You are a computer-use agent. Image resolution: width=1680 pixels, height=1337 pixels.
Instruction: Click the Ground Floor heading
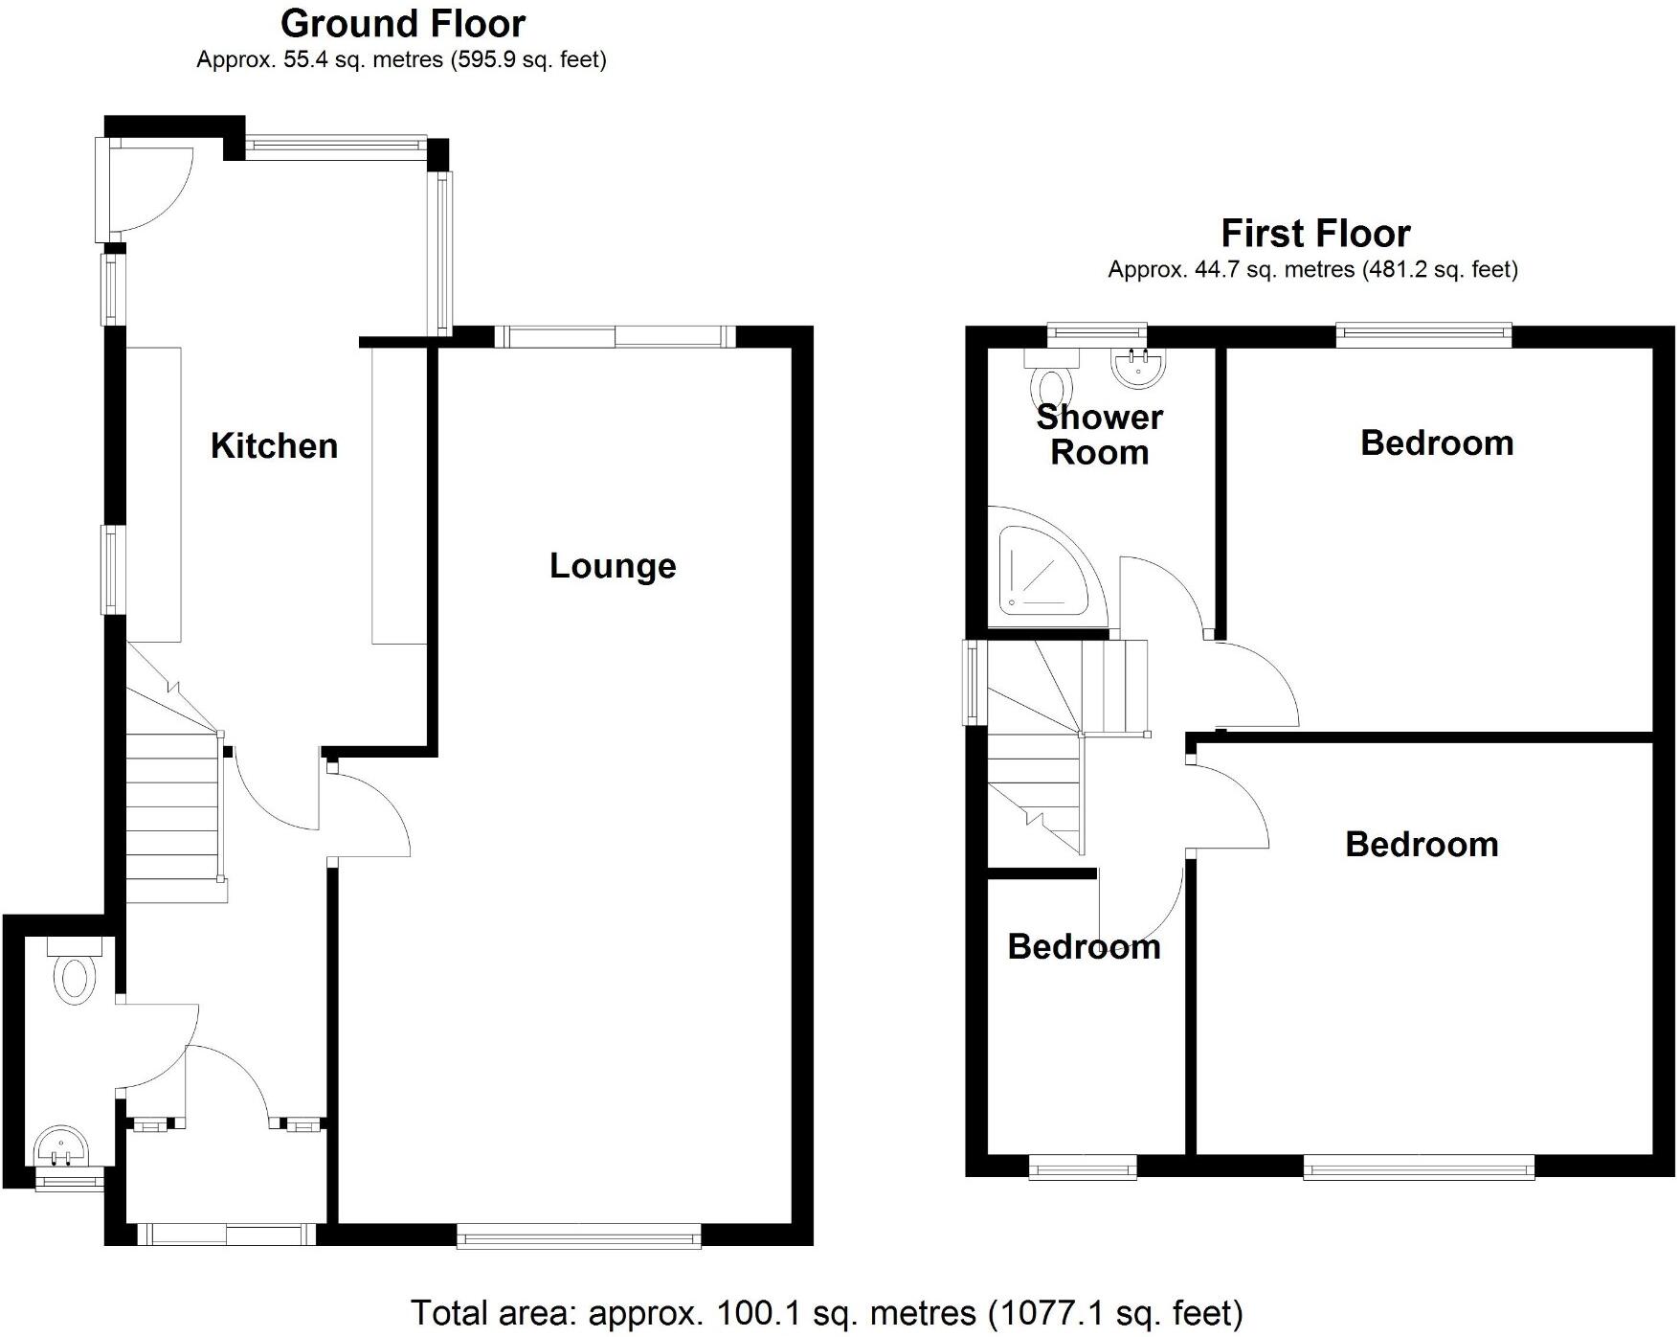(x=403, y=23)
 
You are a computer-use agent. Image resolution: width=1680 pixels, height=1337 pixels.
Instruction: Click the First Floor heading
(x=1314, y=234)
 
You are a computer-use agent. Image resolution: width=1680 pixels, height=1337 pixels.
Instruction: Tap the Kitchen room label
(x=274, y=446)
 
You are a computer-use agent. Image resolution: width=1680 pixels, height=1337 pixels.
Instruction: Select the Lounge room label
(x=613, y=566)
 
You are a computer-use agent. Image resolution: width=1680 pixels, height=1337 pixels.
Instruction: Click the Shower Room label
(x=1099, y=435)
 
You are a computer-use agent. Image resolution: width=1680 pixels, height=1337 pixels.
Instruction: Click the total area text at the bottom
(x=826, y=1312)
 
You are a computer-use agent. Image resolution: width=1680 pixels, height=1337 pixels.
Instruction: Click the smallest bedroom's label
(x=1084, y=947)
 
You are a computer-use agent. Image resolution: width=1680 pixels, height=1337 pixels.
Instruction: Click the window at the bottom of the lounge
(x=579, y=1239)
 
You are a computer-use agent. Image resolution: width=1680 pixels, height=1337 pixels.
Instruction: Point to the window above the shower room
(x=1097, y=333)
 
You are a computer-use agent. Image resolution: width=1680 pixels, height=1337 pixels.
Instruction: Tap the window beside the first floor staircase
(x=973, y=682)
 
